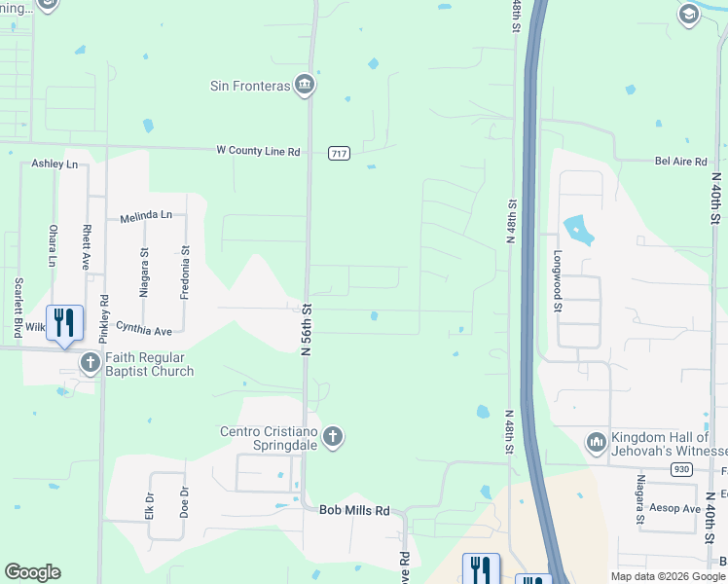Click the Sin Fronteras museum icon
tap(305, 86)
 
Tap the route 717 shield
tap(339, 154)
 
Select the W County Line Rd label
tap(258, 151)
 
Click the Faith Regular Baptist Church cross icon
tap(91, 364)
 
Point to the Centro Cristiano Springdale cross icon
tap(333, 436)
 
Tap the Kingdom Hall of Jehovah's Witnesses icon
tap(596, 444)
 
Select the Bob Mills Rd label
tap(355, 510)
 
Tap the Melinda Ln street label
tap(146, 215)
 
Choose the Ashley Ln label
tap(55, 164)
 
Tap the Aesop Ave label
tap(677, 509)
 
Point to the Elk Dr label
tap(150, 507)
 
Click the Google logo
tap(32, 572)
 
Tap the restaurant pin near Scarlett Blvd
tap(64, 323)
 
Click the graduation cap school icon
tap(689, 13)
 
